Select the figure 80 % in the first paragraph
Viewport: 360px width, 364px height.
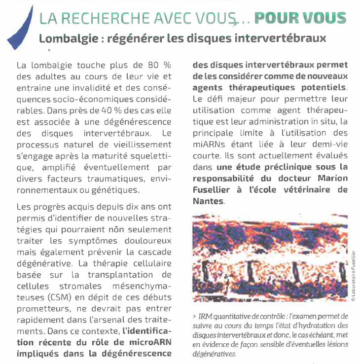click(x=159, y=65)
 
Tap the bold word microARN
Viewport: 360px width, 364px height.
click(x=149, y=342)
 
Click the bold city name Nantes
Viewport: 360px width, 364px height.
click(x=208, y=201)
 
